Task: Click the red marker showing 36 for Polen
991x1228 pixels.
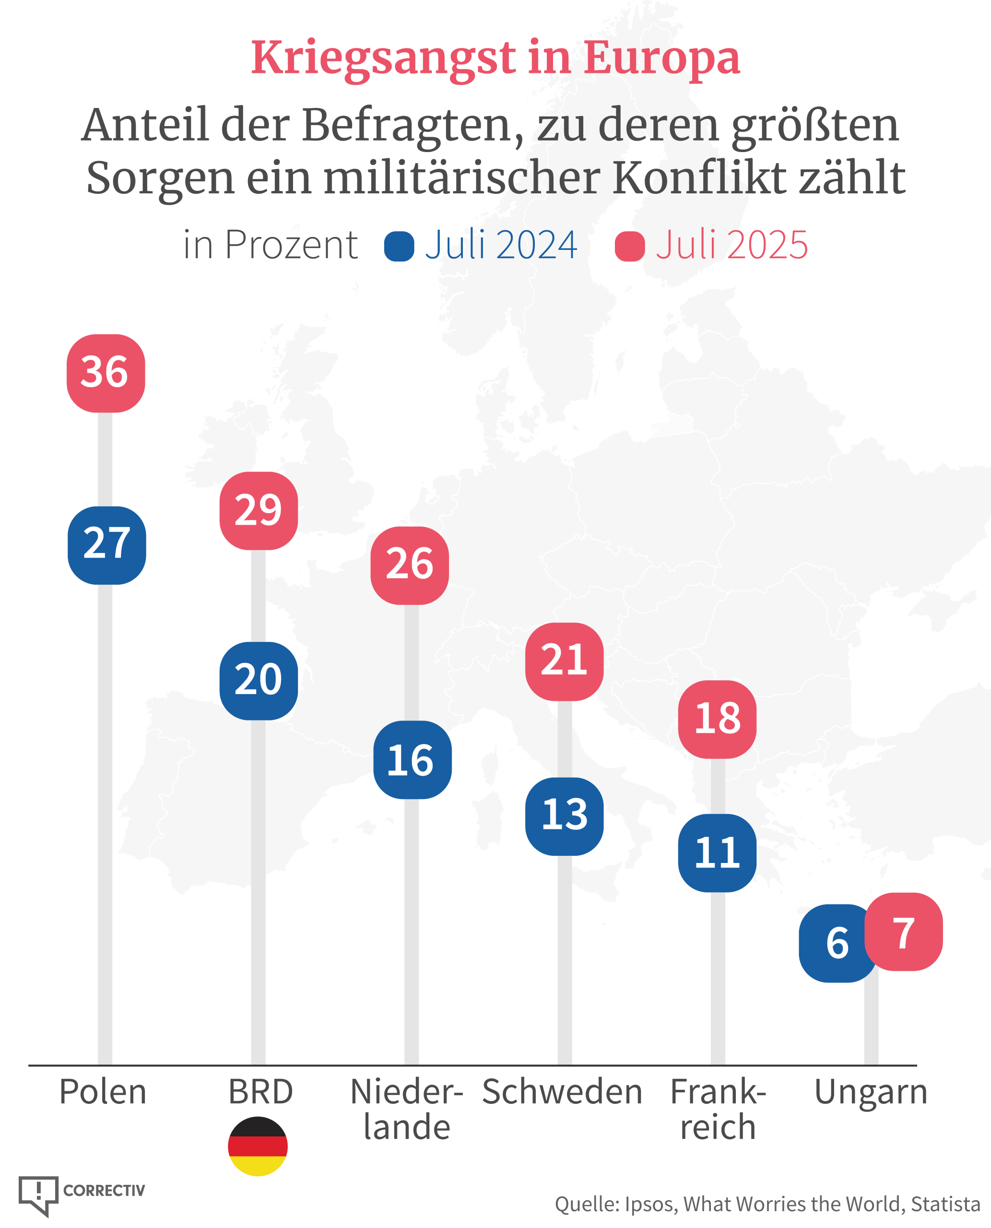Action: (106, 373)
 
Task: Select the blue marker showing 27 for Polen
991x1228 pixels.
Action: (107, 545)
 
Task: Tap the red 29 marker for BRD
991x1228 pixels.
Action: (259, 511)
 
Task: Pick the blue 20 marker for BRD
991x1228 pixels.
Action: (259, 681)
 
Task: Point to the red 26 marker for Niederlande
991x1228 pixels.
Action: (409, 565)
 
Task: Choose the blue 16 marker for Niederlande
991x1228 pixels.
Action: (412, 759)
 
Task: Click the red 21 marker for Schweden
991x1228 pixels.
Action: (564, 661)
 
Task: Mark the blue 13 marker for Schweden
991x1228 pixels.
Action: (564, 816)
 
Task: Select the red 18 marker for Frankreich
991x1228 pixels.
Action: (717, 720)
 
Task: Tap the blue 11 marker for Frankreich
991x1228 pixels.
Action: (717, 853)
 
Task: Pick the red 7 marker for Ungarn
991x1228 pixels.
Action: (903, 932)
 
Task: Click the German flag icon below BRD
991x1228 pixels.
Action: (258, 1146)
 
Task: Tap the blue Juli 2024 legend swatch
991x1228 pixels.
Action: (399, 247)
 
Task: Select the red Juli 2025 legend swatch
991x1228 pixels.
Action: (630, 247)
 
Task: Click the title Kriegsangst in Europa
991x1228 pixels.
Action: (495, 58)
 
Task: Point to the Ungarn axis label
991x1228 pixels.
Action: (871, 1092)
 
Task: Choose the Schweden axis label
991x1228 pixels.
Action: (562, 1092)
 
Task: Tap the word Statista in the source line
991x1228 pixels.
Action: (945, 1204)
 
